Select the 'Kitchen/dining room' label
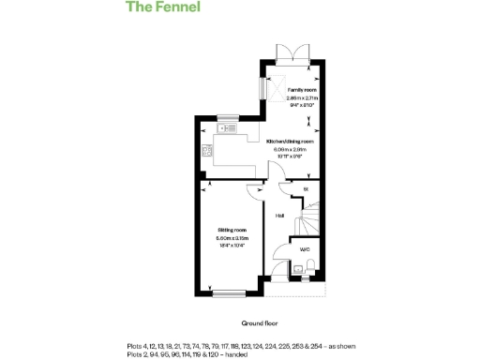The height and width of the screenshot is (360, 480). point(292,141)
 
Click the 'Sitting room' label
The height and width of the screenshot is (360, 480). point(232,230)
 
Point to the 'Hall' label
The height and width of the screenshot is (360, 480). point(279,217)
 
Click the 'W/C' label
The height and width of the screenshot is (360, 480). point(304,249)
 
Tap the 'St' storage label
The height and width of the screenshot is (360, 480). point(305,189)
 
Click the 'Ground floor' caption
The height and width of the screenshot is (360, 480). point(260,322)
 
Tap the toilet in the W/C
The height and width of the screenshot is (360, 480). point(312,270)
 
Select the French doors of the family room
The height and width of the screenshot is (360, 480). point(290,54)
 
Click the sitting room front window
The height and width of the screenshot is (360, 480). point(230,294)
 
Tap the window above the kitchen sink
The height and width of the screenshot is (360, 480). point(226,118)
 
